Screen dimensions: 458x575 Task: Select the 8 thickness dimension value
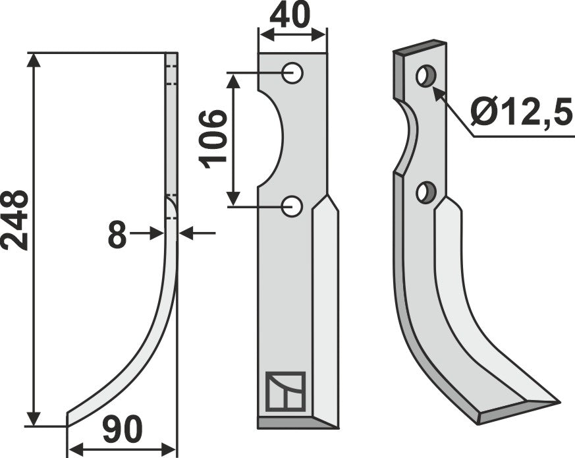tap(117, 235)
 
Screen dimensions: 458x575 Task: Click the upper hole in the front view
tap(292, 72)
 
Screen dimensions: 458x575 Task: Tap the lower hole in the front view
tap(292, 207)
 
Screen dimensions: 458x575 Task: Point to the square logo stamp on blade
tap(285, 391)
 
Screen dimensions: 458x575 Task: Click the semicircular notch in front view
tap(271, 139)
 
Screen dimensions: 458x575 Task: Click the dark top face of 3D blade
tap(420, 49)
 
